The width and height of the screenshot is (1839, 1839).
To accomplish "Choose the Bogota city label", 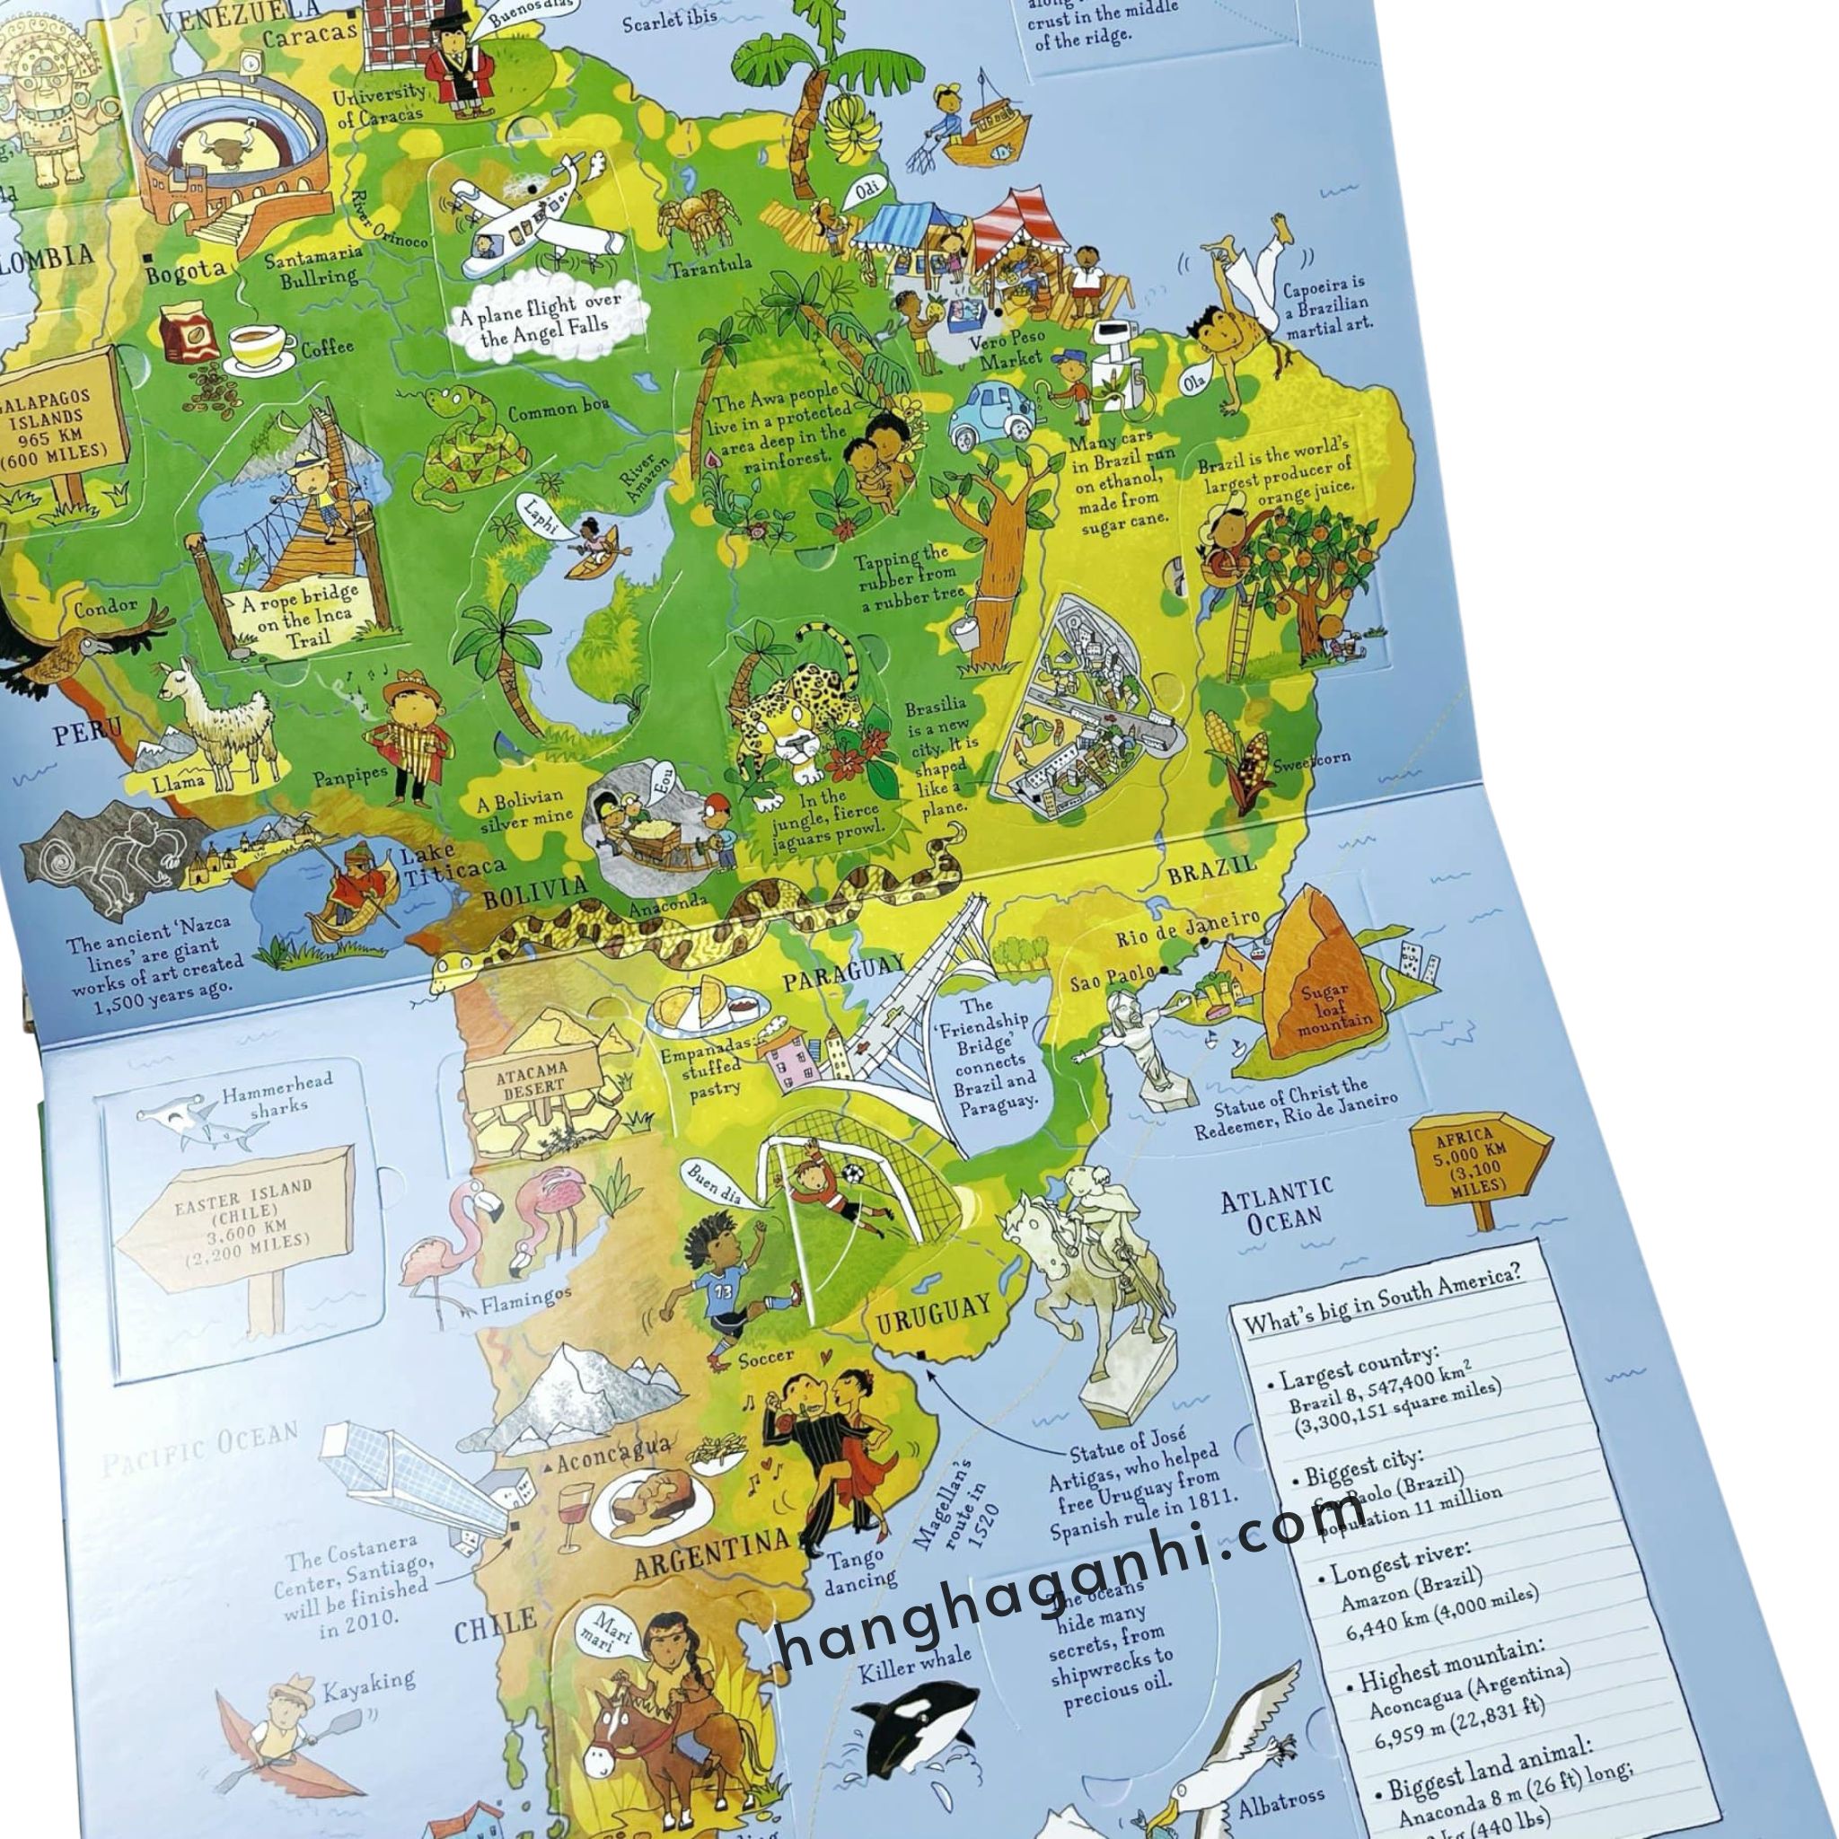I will (185, 270).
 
